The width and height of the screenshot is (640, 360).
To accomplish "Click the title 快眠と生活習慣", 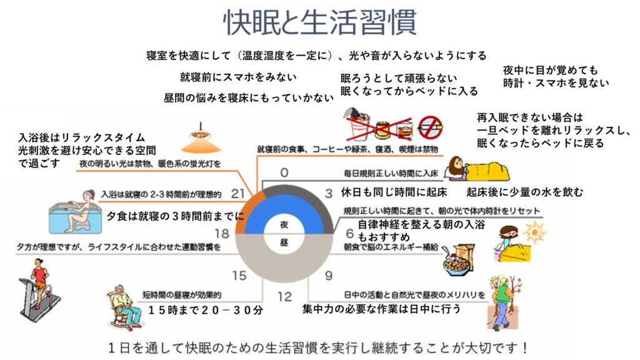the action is (320, 22).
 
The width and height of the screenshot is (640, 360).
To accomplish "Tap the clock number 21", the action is (237, 193).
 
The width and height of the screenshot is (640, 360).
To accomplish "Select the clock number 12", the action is (284, 296).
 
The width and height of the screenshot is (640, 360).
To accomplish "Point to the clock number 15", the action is (239, 276).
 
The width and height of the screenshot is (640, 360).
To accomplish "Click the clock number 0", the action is (284, 172).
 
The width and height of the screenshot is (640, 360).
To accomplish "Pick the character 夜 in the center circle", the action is (284, 224).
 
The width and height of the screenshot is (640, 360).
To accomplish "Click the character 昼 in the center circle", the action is (284, 243).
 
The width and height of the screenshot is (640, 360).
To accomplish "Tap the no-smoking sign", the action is (430, 127).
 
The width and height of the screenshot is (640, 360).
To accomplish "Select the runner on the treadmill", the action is (39, 288).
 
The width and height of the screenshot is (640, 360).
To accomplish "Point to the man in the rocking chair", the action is (124, 307).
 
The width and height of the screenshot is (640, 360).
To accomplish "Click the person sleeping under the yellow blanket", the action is (477, 169).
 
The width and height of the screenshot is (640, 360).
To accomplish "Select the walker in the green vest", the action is (504, 302).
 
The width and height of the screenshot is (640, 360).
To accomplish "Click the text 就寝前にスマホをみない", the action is (238, 77).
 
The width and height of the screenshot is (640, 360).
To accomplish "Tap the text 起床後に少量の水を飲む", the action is (525, 192).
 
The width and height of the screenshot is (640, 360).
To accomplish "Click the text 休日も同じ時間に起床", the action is (394, 192).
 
